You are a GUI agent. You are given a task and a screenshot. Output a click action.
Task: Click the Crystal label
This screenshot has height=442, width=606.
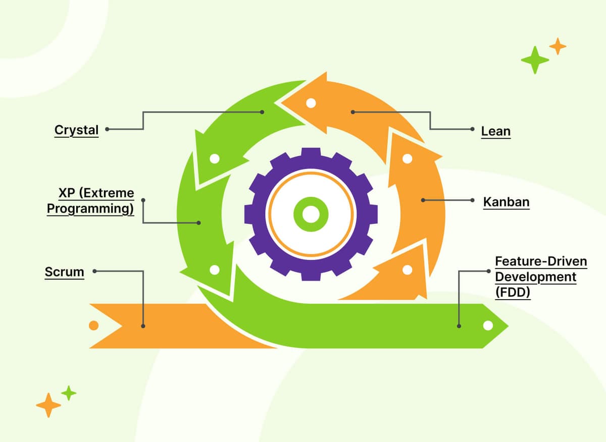(76, 130)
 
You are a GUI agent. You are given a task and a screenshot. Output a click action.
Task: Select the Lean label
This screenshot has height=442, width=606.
(495, 131)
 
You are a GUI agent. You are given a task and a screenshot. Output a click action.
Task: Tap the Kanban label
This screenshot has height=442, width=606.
(506, 202)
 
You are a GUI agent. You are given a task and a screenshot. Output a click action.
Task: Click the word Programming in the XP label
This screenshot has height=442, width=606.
(91, 208)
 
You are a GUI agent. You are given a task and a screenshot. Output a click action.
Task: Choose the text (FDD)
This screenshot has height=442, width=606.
(513, 292)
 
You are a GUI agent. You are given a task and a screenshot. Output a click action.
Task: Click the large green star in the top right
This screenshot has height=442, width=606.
(534, 60)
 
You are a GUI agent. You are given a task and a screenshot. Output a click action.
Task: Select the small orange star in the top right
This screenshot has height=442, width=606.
(558, 46)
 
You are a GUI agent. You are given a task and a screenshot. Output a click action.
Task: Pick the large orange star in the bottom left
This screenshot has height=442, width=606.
(48, 405)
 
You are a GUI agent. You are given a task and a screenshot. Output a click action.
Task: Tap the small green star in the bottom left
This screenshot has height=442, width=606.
(69, 393)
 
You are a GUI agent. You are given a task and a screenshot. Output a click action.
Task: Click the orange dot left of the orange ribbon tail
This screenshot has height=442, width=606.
(93, 325)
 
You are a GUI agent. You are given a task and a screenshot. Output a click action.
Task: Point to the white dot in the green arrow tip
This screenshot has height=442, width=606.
(488, 325)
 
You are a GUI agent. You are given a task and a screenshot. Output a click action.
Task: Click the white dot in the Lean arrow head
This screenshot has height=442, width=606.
(311, 103)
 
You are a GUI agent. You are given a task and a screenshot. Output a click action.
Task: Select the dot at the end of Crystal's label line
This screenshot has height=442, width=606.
(108, 129)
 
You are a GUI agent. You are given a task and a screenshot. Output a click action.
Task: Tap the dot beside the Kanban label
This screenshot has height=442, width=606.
(472, 200)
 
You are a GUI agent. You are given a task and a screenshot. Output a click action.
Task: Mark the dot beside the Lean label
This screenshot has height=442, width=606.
(472, 129)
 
